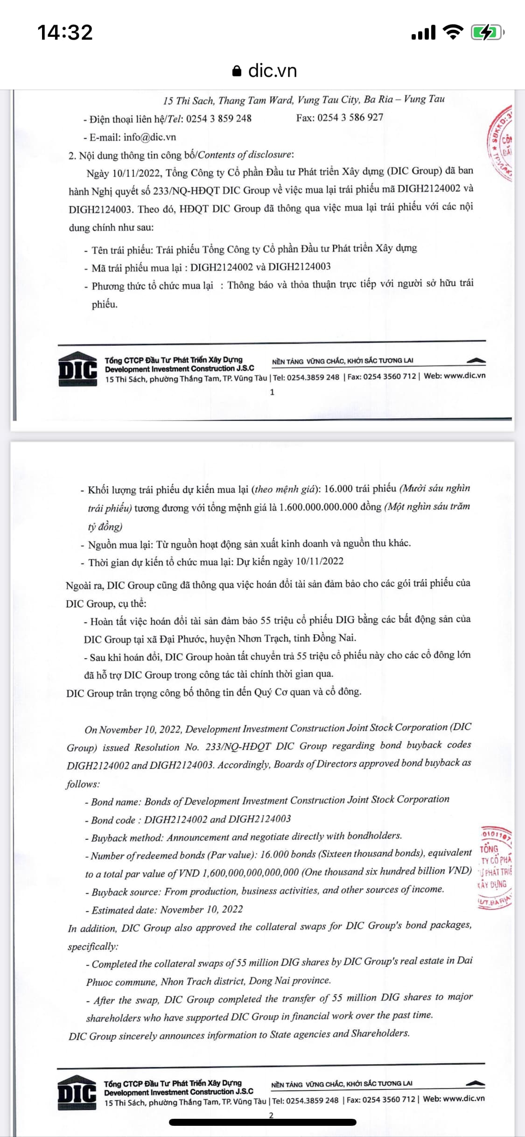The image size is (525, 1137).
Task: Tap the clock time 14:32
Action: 65,32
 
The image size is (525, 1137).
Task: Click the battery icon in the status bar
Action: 488,33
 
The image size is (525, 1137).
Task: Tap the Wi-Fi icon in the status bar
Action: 452,32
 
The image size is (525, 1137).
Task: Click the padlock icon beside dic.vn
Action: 237,71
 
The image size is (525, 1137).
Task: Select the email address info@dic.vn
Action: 149,137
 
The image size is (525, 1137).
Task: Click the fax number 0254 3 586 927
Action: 350,118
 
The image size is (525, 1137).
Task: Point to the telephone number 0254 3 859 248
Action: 218,119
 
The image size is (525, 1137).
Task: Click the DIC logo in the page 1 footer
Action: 77,369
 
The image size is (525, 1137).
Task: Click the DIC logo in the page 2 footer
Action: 77,1093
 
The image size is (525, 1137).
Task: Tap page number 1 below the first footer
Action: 272,392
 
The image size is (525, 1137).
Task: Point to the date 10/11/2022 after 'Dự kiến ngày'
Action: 320,561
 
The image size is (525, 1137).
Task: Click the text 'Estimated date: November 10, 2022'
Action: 167,909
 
